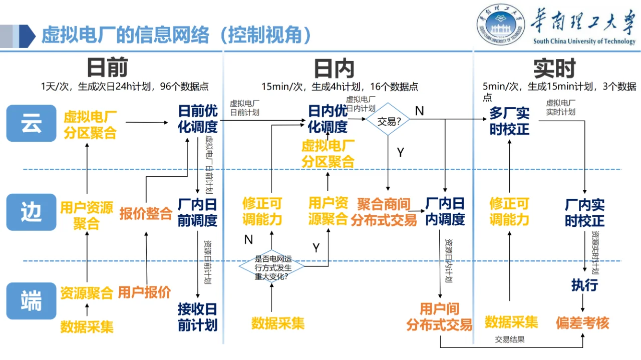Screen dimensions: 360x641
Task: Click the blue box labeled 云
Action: point(31,123)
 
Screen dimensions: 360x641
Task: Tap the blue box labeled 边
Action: point(31,212)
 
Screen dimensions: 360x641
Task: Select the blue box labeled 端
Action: point(31,300)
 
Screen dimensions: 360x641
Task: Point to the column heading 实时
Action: point(554,69)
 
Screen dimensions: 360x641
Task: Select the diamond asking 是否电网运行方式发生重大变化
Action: point(271,267)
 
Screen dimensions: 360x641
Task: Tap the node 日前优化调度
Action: point(198,119)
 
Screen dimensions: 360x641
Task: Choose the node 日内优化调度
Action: point(328,119)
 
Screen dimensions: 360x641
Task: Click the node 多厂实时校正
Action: point(509,121)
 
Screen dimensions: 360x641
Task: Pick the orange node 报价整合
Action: point(146,214)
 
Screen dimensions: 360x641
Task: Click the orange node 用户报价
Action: point(144,292)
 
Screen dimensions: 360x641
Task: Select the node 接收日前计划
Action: point(198,316)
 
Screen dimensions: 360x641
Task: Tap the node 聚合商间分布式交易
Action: point(384,212)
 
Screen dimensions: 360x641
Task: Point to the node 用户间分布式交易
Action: point(439,316)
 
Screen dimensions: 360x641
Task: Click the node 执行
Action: point(584,285)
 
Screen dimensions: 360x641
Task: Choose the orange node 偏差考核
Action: point(582,323)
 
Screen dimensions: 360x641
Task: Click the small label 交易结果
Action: point(510,339)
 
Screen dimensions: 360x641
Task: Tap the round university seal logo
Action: point(501,25)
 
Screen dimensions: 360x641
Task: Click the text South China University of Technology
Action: point(584,42)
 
